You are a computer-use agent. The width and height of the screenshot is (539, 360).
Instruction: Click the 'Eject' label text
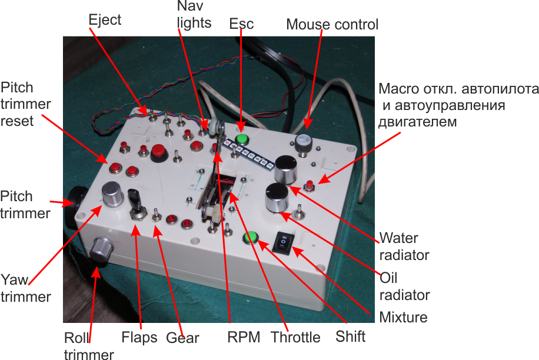pos(105,19)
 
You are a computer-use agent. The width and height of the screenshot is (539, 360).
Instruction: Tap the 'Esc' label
pos(241,24)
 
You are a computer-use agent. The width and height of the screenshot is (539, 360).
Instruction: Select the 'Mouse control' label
pos(332,25)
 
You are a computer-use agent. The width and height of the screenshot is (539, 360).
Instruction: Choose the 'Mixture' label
pos(404,318)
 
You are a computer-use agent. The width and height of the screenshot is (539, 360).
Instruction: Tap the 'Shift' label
pos(350,336)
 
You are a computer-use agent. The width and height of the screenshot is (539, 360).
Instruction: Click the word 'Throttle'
pos(295,338)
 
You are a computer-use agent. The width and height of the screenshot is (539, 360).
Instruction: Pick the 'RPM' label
pos(244,338)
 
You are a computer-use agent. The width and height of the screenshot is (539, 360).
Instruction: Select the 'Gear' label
pos(182,338)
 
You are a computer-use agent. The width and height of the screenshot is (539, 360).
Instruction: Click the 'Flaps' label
pos(139,338)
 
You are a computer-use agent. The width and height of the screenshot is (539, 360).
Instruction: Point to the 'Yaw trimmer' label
pos(25,288)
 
